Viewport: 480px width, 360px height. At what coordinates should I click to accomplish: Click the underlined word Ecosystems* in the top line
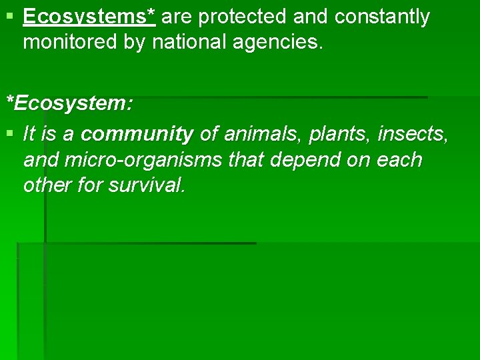89,17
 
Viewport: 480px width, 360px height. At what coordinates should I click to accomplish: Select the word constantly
383,17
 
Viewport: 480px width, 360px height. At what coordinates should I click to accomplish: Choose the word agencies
282,43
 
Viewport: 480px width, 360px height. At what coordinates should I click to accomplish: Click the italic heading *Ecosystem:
69,103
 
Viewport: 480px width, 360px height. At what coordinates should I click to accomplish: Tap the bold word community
137,135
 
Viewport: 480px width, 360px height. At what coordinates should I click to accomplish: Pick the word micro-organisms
137,160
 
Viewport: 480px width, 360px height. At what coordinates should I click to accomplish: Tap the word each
397,160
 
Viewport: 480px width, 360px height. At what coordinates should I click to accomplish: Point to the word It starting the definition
29,135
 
